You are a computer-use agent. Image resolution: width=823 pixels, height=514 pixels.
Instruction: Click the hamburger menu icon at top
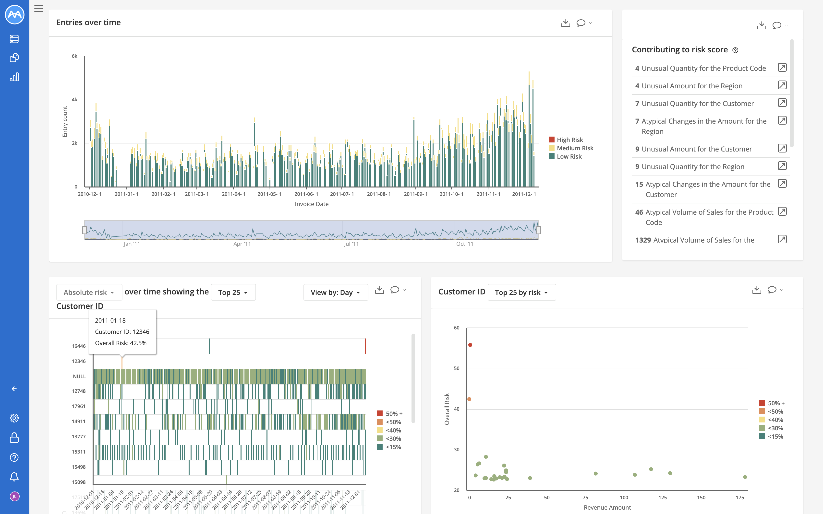pyautogui.click(x=39, y=9)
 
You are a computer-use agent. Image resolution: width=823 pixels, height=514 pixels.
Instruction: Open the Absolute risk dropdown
pyautogui.click(x=89, y=292)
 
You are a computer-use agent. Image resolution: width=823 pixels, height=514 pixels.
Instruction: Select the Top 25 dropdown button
pyautogui.click(x=233, y=292)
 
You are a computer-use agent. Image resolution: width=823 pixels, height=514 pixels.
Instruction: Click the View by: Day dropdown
pyautogui.click(x=335, y=292)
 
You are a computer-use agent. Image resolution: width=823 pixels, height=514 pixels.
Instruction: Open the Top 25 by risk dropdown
pyautogui.click(x=521, y=292)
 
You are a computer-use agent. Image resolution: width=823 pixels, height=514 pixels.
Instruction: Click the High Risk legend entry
pyautogui.click(x=570, y=140)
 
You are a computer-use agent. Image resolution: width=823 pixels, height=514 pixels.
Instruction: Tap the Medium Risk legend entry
pyautogui.click(x=575, y=148)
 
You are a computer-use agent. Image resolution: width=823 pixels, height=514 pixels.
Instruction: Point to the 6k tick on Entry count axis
pyautogui.click(x=74, y=56)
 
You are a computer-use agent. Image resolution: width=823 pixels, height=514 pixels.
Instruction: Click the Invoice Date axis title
pyautogui.click(x=312, y=204)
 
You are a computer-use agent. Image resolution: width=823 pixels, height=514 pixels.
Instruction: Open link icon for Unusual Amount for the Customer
pyautogui.click(x=782, y=149)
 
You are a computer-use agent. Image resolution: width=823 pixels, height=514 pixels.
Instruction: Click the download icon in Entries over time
pyautogui.click(x=566, y=23)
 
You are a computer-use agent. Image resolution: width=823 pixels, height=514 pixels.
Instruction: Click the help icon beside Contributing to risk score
pyautogui.click(x=735, y=50)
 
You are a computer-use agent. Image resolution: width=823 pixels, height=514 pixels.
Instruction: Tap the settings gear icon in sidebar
pyautogui.click(x=14, y=418)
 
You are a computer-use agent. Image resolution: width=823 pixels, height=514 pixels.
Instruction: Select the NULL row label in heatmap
pyautogui.click(x=79, y=376)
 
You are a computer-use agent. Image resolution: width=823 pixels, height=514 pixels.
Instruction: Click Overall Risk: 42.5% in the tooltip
pyautogui.click(x=121, y=343)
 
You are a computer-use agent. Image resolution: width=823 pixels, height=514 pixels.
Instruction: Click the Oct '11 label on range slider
pyautogui.click(x=465, y=244)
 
